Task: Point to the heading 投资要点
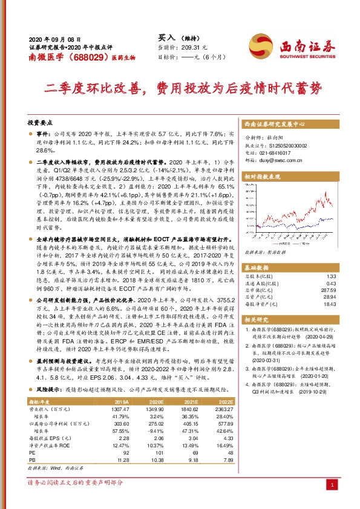click(x=40, y=122)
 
